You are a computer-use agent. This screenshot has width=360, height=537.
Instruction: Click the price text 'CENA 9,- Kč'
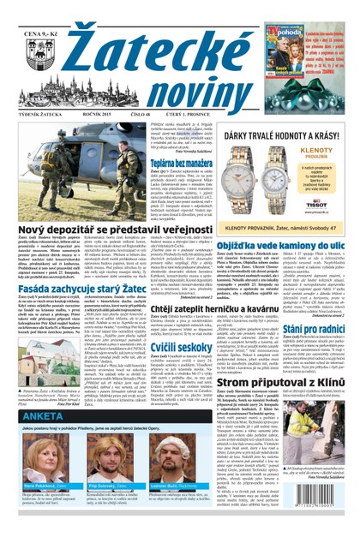point(38,11)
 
